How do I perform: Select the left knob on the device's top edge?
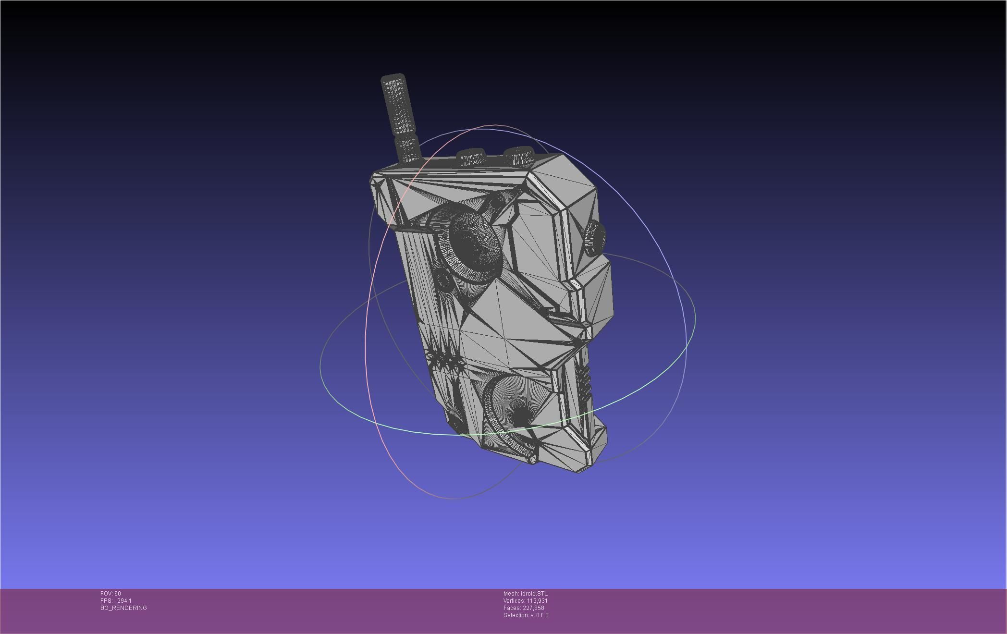pyautogui.click(x=471, y=157)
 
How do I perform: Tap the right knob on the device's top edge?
pyautogui.click(x=519, y=155)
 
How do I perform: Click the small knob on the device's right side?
pyautogui.click(x=594, y=238)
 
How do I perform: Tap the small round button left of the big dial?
pyautogui.click(x=442, y=280)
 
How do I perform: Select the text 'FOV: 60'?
pyautogui.click(x=111, y=594)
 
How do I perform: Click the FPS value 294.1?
pyautogui.click(x=124, y=601)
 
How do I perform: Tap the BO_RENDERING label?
pyautogui.click(x=123, y=608)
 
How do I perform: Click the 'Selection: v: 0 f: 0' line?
pyautogui.click(x=526, y=615)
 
